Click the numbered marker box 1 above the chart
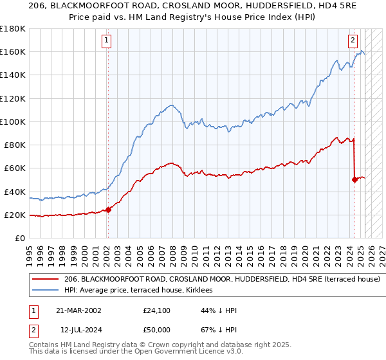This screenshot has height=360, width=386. (x=107, y=40)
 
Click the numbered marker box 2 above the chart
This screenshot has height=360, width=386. (x=353, y=40)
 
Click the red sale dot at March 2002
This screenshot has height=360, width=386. (x=108, y=210)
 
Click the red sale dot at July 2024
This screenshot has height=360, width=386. (x=354, y=179)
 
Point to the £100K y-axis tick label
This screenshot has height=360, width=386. (x=12, y=122)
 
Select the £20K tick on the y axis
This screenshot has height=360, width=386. (x=15, y=215)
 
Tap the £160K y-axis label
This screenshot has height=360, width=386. (x=12, y=52)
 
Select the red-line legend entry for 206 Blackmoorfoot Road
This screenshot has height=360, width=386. (x=222, y=279)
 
